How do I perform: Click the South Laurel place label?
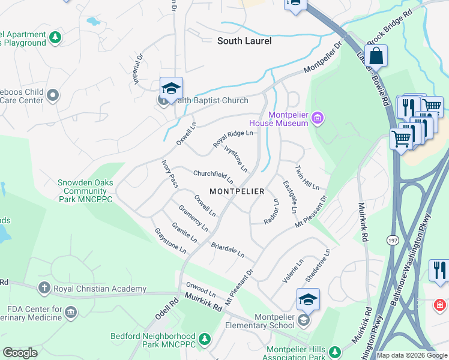(x=244, y=41)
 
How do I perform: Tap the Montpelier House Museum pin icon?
(x=318, y=119)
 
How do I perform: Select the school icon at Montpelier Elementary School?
(x=308, y=299)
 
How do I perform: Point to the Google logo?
(x=20, y=353)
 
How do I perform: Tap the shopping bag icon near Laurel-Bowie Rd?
(x=376, y=56)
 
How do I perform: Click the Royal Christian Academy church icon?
(x=43, y=288)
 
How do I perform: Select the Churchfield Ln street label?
(x=213, y=177)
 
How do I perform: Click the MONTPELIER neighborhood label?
(x=237, y=191)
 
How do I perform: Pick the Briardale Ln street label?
(x=228, y=250)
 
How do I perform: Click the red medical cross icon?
(x=441, y=305)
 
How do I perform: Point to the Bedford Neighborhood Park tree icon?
(x=205, y=340)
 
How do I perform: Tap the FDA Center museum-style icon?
(x=71, y=311)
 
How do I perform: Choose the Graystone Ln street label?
(x=170, y=240)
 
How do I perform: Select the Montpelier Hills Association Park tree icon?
(x=335, y=350)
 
